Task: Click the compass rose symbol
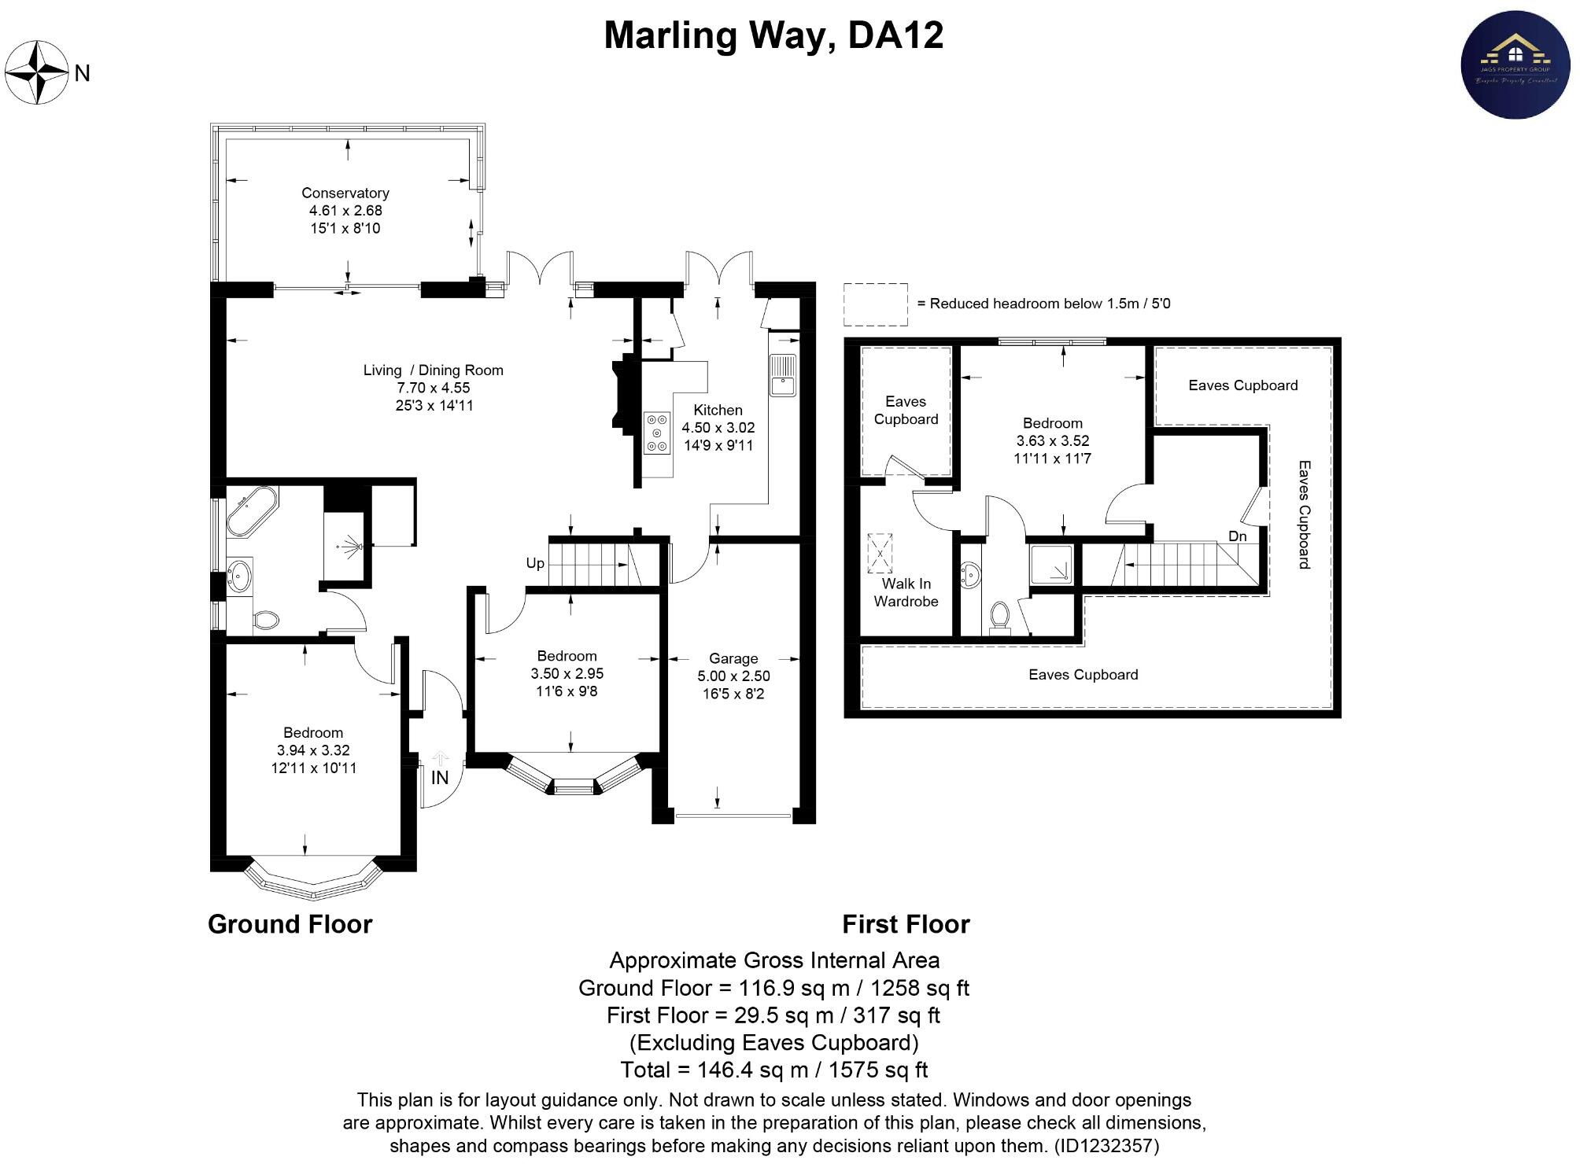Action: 37,72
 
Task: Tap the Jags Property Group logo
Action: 1515,64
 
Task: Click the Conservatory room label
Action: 345,193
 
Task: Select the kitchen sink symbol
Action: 782,375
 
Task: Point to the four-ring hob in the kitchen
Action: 657,433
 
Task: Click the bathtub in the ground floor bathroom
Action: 251,510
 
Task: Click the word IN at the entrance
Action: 440,778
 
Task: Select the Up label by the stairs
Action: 535,563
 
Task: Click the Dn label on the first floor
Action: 1237,536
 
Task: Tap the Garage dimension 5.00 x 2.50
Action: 733,676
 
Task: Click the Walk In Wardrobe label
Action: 906,592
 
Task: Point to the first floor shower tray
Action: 1050,565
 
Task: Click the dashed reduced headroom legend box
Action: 875,304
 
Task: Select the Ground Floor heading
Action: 290,924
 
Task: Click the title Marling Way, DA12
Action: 773,35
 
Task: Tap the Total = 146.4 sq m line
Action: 773,1070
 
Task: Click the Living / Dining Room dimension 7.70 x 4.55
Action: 433,388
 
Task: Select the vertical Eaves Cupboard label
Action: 1304,514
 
